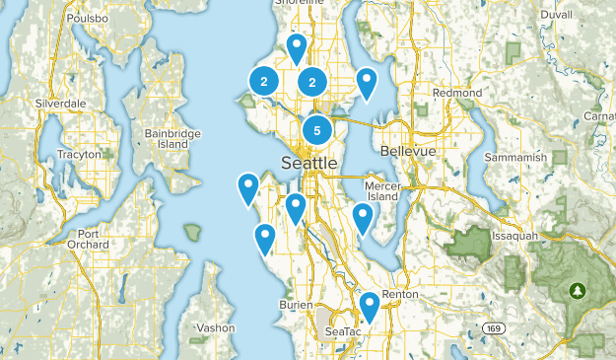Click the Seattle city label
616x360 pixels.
308,163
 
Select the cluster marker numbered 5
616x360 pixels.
316,128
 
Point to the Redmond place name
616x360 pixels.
457,93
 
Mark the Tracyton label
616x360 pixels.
79,155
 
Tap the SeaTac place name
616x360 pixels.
343,332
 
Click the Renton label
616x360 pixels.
400,295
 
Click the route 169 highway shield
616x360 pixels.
494,327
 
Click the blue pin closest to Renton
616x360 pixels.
370,306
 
